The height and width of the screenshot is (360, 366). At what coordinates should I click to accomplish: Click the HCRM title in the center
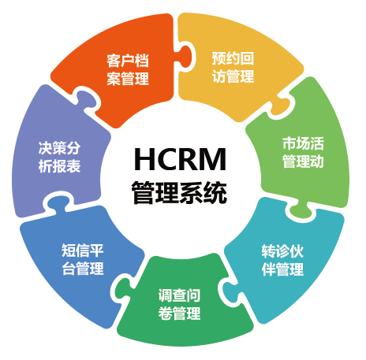tap(180, 159)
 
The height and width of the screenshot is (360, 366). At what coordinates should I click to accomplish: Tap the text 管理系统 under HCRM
tap(179, 192)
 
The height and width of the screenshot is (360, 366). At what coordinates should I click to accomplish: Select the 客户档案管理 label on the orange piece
tap(128, 69)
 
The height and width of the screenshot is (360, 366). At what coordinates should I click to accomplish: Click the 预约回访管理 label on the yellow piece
tap(233, 67)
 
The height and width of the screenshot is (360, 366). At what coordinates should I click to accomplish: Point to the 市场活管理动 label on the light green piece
tap(303, 152)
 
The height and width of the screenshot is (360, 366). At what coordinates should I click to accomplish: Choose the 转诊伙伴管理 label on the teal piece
tap(282, 261)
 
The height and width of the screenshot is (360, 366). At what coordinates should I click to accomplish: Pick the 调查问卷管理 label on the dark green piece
tap(179, 304)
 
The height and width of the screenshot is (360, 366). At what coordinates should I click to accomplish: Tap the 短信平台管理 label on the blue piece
tap(83, 259)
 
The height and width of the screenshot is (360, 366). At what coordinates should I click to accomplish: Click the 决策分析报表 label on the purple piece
tap(59, 157)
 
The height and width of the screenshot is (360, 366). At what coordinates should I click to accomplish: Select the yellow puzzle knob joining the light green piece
tap(282, 106)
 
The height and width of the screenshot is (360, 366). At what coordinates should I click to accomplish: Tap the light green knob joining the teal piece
tap(302, 210)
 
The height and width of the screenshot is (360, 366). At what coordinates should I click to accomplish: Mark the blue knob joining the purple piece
tap(57, 202)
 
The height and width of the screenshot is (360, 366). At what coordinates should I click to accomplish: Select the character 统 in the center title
tap(215, 192)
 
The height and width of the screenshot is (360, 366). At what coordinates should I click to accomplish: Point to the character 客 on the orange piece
tap(114, 61)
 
